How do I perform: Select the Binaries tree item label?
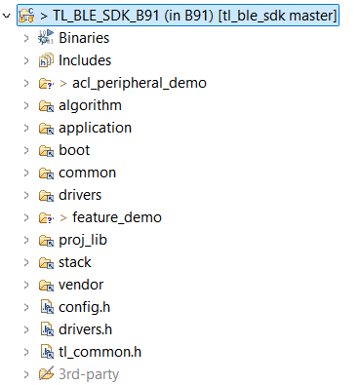click(84, 38)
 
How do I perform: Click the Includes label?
click(85, 60)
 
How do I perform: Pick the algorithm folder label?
click(90, 105)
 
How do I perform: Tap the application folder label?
click(95, 128)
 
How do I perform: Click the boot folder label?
click(74, 150)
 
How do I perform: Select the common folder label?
click(87, 173)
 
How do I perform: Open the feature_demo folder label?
click(116, 217)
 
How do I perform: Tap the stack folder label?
click(75, 262)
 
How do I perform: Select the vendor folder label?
click(81, 285)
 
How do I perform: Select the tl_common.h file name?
click(100, 352)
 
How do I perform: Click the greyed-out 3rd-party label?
click(89, 374)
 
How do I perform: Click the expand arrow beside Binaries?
click(24, 38)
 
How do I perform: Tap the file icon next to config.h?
click(45, 307)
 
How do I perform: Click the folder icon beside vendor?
click(45, 285)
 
